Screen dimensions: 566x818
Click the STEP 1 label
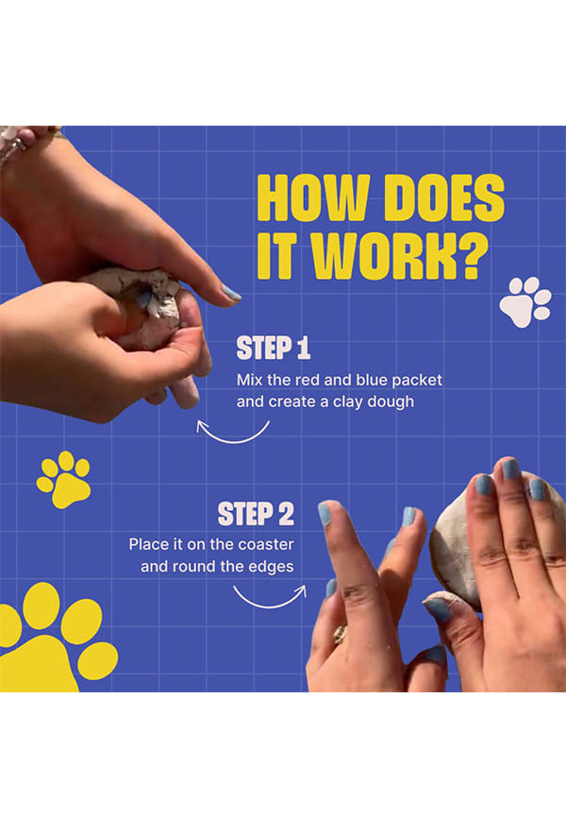click(274, 348)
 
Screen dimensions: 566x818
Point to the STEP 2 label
click(256, 514)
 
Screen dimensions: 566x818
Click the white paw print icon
click(525, 302)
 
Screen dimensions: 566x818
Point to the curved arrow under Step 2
click(270, 605)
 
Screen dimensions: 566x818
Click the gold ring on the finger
click(341, 635)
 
